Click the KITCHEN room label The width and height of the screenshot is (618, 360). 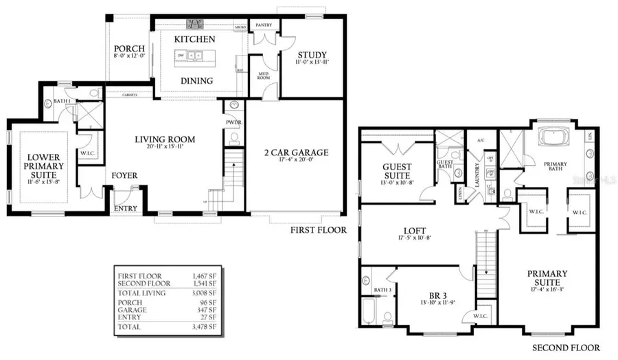click(194, 40)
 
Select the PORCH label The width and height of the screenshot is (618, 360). click(129, 49)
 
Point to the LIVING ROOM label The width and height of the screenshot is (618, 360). click(164, 139)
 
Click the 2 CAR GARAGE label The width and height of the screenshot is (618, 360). click(296, 153)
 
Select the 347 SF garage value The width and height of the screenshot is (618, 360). click(206, 309)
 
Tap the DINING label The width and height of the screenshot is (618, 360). click(195, 80)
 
